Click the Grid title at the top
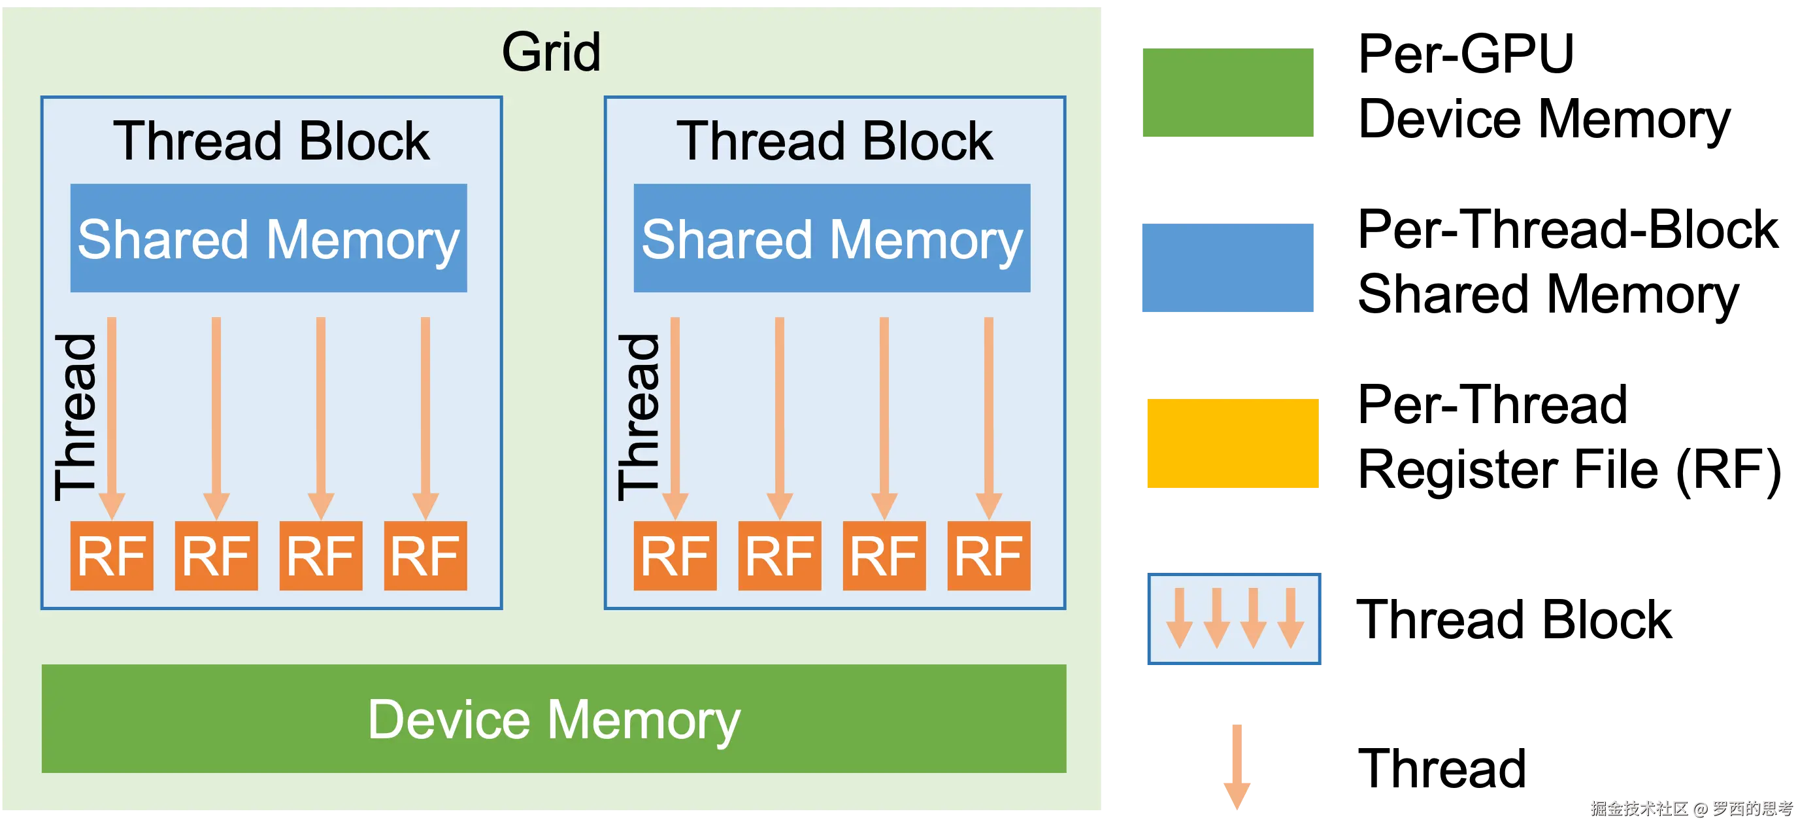pos(551,52)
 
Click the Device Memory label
pos(554,719)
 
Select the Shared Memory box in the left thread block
pos(269,238)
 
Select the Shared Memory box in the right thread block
pos(831,238)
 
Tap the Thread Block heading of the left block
pos(271,141)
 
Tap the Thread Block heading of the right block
pos(834,141)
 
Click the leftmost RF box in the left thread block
pos(111,556)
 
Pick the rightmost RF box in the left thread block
pos(425,556)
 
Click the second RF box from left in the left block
pos(216,556)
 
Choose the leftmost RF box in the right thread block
pos(674,556)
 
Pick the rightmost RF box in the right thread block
pos(988,556)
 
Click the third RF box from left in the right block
pos(884,556)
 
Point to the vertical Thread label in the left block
pos(75,417)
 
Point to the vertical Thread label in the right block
pos(639,417)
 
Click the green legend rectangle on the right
pos(1228,94)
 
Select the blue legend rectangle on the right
pos(1228,267)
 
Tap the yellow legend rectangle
pos(1233,444)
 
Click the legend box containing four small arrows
pos(1233,619)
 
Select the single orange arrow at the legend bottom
pos(1237,766)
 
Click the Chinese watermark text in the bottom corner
pos(1691,808)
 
